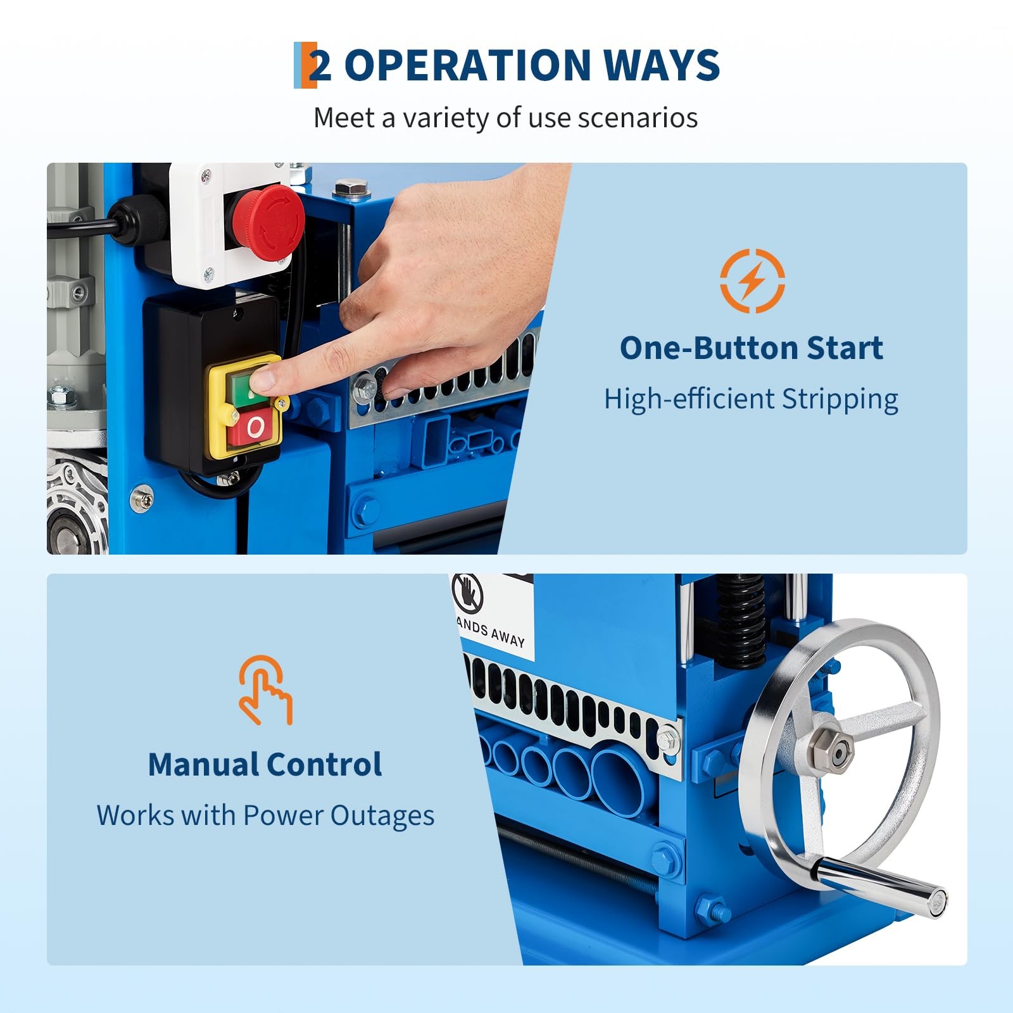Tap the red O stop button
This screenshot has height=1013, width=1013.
[x=255, y=428]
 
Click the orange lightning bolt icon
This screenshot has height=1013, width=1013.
[x=752, y=280]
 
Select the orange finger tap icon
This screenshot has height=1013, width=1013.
[x=265, y=690]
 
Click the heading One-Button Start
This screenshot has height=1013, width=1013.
[x=751, y=348]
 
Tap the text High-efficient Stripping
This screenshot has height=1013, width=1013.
[x=751, y=399]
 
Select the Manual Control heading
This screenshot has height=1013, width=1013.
[x=265, y=764]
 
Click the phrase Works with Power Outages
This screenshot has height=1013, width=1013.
[x=265, y=815]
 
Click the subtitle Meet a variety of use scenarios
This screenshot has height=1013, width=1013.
[x=505, y=118]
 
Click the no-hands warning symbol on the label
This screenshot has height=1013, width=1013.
[x=467, y=594]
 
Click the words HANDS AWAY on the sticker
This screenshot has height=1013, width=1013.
[x=491, y=632]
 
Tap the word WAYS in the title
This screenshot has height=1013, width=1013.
[x=661, y=65]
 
